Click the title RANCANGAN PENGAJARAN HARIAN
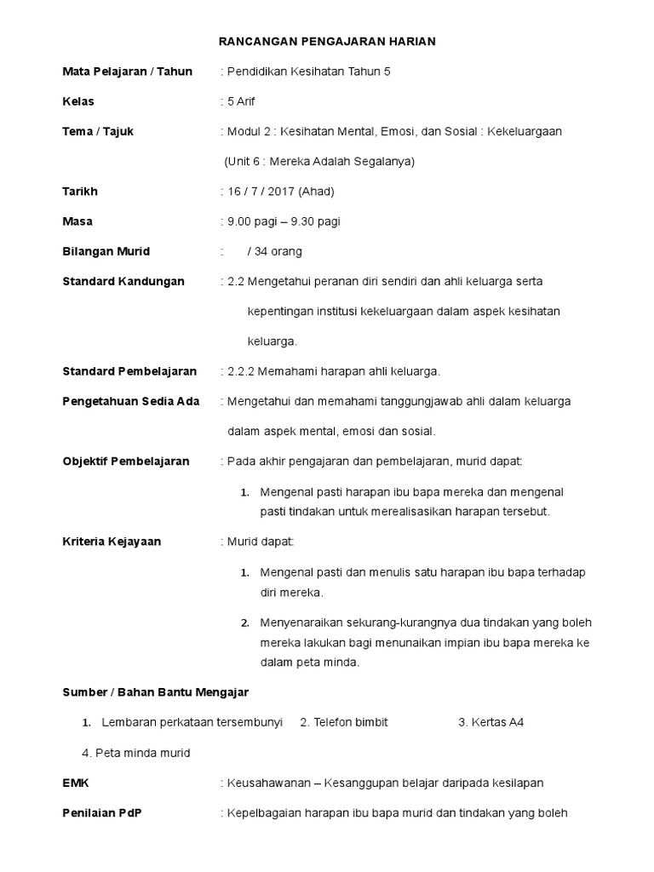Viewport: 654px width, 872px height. pos(327,42)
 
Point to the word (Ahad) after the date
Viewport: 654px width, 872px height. pos(318,192)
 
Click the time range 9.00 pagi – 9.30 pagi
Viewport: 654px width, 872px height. pos(284,221)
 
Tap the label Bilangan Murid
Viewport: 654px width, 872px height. pos(106,251)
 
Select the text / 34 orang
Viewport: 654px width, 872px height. pos(274,251)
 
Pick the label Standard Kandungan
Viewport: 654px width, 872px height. pos(123,281)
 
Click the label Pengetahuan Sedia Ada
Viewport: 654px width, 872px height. pos(131,401)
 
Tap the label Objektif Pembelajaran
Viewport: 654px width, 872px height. pos(126,462)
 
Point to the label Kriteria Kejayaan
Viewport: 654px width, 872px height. pos(112,542)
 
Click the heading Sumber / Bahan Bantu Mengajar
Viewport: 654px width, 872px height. pos(156,692)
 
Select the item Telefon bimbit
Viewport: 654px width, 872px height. pos(350,722)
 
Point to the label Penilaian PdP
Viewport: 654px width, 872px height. pos(102,812)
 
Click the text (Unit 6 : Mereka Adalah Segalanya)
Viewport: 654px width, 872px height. pos(319,161)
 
